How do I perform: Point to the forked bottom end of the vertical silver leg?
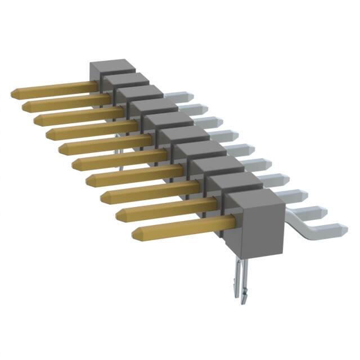238,295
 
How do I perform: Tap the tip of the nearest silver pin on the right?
341,229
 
